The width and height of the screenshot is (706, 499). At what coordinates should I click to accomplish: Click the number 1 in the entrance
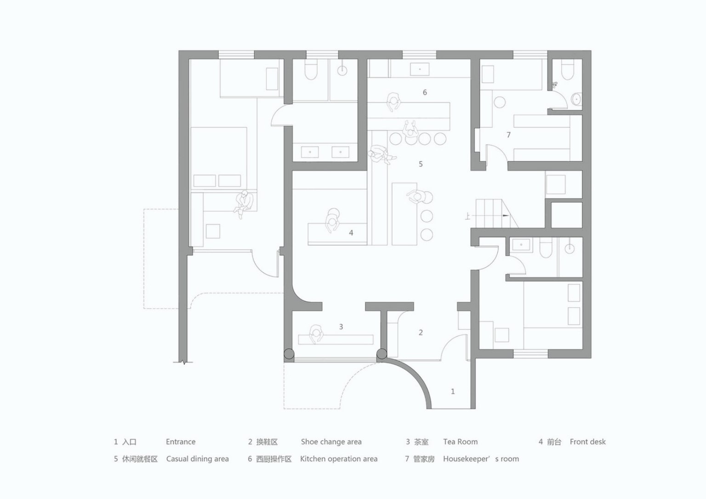(x=453, y=391)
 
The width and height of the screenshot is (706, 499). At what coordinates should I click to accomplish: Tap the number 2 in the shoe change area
(x=421, y=332)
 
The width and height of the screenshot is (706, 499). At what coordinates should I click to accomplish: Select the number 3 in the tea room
(x=341, y=327)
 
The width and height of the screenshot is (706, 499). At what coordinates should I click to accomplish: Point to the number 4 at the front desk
(x=351, y=233)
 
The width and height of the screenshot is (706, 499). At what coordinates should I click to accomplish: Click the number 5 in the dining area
(x=421, y=164)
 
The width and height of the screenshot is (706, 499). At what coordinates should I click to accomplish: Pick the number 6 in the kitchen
(x=425, y=92)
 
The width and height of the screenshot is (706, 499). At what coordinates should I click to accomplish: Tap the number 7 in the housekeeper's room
(x=508, y=135)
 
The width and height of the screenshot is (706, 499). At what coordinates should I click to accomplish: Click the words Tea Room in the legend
(x=461, y=442)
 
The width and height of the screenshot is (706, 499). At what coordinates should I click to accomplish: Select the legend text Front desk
(x=588, y=442)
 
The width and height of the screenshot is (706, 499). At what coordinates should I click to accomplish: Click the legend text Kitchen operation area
(x=339, y=459)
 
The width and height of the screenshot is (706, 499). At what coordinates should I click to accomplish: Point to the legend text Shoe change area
(x=331, y=442)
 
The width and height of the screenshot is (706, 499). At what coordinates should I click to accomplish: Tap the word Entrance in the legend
(x=181, y=442)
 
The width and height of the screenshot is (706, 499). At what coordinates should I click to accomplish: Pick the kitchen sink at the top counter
(x=420, y=69)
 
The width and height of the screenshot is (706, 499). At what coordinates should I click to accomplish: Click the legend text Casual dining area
(x=198, y=459)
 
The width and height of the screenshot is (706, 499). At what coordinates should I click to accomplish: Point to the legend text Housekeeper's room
(x=481, y=459)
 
